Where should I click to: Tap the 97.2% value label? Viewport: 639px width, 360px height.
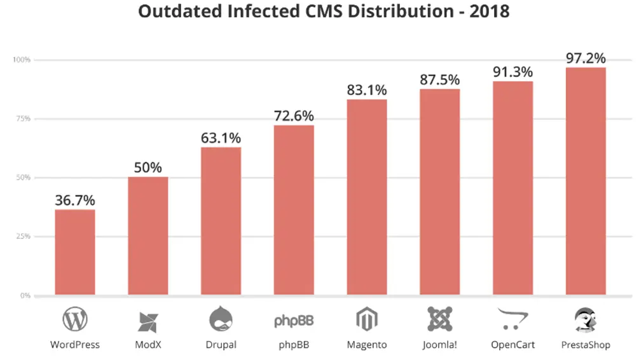tap(586, 58)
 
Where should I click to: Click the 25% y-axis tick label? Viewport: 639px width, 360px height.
tap(24, 236)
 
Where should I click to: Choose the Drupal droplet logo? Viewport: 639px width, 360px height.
tap(221, 319)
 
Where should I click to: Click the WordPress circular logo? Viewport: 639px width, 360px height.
tap(75, 320)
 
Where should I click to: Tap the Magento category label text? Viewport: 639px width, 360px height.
tap(367, 345)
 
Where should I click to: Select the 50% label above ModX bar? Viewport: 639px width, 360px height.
tap(148, 168)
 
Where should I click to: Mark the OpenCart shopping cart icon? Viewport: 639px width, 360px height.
tap(512, 319)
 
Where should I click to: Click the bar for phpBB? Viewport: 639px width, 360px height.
tap(294, 210)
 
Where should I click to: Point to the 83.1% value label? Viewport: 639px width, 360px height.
tap(367, 90)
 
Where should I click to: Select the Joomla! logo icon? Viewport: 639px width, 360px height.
tap(439, 319)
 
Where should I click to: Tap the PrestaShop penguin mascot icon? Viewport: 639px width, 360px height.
tap(586, 319)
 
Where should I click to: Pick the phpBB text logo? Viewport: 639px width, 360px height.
tap(294, 320)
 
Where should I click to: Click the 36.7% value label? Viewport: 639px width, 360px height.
tap(75, 200)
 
